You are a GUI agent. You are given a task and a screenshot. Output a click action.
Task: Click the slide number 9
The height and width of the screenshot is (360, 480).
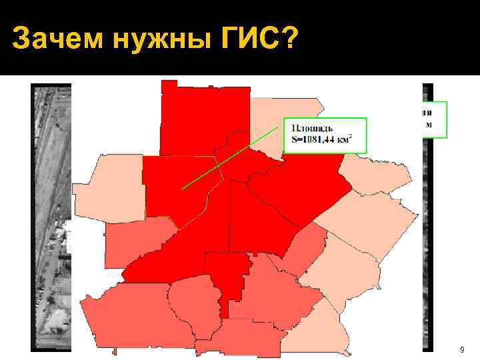tap(462, 349)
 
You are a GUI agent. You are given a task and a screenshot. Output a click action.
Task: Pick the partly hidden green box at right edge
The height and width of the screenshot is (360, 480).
tap(433, 119)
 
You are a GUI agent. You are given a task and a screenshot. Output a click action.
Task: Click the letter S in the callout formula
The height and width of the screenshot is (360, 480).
tap(295, 139)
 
